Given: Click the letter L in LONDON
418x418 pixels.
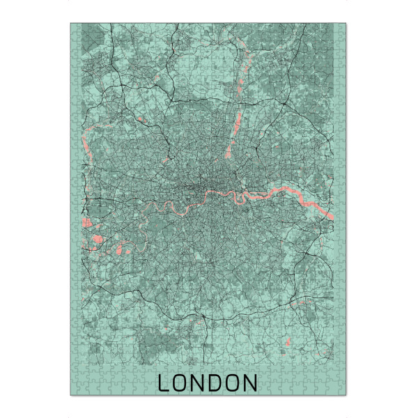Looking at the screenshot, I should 164,383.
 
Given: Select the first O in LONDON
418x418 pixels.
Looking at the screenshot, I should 180,383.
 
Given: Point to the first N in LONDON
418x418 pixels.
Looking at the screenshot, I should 198,383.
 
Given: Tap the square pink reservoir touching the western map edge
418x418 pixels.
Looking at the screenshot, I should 87,224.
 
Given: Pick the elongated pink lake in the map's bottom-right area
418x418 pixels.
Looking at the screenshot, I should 288,343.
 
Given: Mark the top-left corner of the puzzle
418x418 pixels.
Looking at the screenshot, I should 70,23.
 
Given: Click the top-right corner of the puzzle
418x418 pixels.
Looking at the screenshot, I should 346,23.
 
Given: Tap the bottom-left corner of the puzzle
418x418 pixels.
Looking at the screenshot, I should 70,395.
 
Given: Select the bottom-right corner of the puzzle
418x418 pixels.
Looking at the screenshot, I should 346,395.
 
